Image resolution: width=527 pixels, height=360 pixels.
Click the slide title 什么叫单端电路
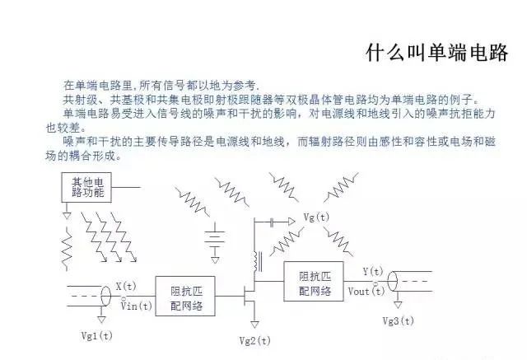click(x=436, y=53)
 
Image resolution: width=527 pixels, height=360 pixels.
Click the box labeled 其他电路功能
click(x=86, y=187)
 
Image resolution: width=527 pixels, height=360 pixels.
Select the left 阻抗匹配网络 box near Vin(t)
click(x=185, y=296)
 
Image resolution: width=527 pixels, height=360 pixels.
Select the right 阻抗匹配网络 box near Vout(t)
click(x=314, y=282)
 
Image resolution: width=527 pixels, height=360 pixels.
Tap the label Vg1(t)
click(x=97, y=335)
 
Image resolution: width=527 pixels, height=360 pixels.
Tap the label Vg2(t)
click(x=254, y=341)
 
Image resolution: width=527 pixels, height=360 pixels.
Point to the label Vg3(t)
click(x=399, y=321)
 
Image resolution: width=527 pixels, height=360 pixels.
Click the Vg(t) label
click(x=316, y=217)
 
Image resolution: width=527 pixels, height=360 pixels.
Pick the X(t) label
click(x=126, y=287)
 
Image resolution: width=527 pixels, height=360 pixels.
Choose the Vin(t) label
click(x=137, y=306)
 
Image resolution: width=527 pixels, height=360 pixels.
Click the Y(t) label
click(x=373, y=271)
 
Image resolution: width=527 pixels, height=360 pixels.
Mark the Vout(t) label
click(x=366, y=291)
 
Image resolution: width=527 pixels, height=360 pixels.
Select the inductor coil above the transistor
click(x=258, y=261)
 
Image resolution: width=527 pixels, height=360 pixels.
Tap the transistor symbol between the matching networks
click(x=250, y=296)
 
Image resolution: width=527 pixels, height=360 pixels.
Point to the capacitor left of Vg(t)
click(x=272, y=222)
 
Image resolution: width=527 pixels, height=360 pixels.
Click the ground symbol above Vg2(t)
click(x=254, y=325)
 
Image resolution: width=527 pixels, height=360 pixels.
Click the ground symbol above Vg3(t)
click(x=398, y=305)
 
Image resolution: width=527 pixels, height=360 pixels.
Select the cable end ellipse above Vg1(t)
click(x=106, y=296)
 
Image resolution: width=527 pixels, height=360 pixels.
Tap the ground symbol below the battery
click(x=215, y=260)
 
